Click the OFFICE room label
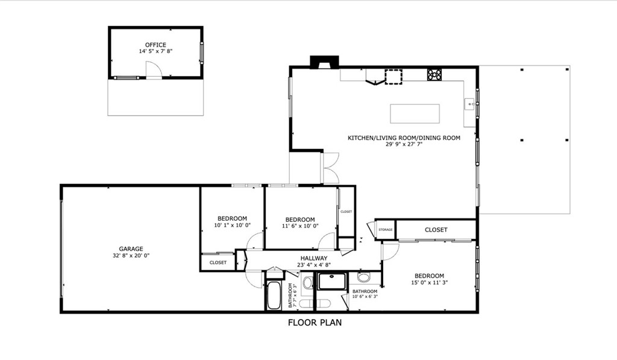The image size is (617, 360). pyautogui.click(x=155, y=45)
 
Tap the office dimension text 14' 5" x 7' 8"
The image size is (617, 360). pyautogui.click(x=155, y=52)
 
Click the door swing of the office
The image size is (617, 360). pyautogui.click(x=154, y=71)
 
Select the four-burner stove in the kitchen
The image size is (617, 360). pyautogui.click(x=434, y=75)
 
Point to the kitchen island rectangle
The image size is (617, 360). pyautogui.click(x=415, y=113)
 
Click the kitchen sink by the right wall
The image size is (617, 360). pyautogui.click(x=469, y=105)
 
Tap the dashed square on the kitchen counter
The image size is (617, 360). pyautogui.click(x=393, y=77)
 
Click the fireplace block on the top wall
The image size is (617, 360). pyautogui.click(x=325, y=62)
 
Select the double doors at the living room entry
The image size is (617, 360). pyautogui.click(x=330, y=168)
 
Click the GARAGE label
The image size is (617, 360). pyautogui.click(x=131, y=248)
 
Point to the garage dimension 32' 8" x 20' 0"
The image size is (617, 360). pyautogui.click(x=131, y=256)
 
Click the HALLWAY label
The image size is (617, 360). pyautogui.click(x=312, y=258)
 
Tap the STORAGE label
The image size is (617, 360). pyautogui.click(x=386, y=230)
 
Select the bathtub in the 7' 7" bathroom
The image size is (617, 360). pyautogui.click(x=274, y=295)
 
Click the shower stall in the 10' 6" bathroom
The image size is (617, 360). pyautogui.click(x=332, y=282)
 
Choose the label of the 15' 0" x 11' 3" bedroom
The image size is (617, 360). pyautogui.click(x=428, y=276)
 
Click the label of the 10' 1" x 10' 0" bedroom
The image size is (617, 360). pyautogui.click(x=232, y=218)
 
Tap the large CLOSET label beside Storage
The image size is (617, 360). pyautogui.click(x=436, y=230)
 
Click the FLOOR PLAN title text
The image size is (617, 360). pyautogui.click(x=315, y=323)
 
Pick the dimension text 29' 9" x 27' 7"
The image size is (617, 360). pyautogui.click(x=404, y=145)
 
